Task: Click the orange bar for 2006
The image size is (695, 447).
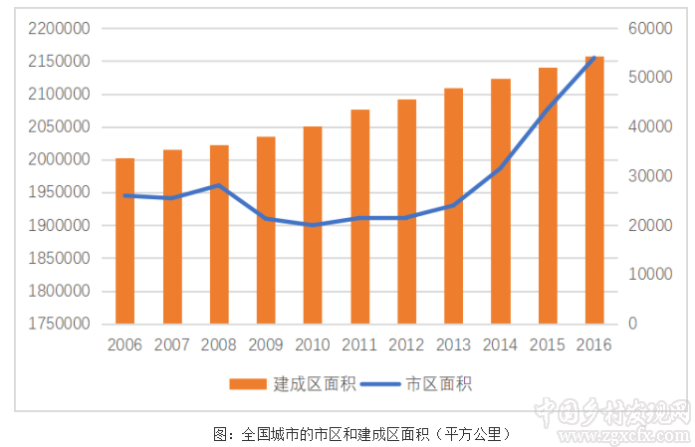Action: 124,241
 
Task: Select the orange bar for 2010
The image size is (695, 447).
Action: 313,225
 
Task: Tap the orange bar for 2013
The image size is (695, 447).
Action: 453,206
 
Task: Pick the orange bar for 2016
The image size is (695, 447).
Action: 594,190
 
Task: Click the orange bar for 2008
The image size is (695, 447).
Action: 219,234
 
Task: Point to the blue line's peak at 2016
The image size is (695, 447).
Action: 594,58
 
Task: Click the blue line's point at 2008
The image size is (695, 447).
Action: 219,185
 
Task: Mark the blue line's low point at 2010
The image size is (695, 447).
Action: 313,225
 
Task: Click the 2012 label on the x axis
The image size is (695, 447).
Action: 406,345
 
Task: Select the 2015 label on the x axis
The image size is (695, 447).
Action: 548,345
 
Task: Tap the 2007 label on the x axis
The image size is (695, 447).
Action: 172,345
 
